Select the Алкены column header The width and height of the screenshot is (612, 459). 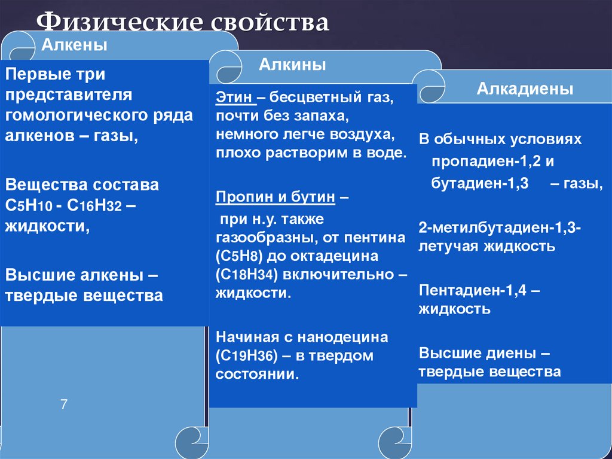pos(74,45)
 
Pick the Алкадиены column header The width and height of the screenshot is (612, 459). pos(524,89)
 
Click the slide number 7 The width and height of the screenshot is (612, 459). pos(64,405)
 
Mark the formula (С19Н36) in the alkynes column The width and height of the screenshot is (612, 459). pos(245,356)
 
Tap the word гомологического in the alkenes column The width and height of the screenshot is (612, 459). pos(80,115)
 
